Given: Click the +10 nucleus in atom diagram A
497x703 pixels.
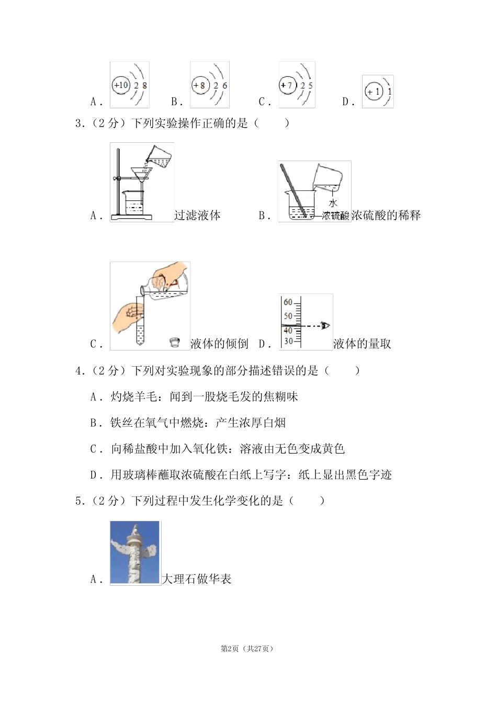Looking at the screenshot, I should pos(121,85).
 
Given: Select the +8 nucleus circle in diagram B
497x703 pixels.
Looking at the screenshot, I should pos(200,85).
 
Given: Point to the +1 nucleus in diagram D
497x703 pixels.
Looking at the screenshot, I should pos(373,92).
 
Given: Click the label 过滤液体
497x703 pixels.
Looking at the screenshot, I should pos(197,215).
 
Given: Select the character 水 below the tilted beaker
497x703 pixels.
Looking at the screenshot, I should pos(333,203).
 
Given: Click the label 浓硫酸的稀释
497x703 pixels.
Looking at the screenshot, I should pos(386,215).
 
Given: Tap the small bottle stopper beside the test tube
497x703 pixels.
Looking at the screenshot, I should pos(175,343).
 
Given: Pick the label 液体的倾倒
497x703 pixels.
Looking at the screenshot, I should pos(219,344).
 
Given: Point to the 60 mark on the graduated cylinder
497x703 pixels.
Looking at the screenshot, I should pos(288,302).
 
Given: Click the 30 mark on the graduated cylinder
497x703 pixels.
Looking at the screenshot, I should pos(288,341).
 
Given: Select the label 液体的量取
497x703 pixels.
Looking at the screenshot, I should pos(362,344).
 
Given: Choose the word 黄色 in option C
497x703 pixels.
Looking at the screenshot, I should pos(333,449).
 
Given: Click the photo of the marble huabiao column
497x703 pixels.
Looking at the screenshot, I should pos(135,552).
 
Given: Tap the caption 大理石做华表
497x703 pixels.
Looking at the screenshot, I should pos(197,579).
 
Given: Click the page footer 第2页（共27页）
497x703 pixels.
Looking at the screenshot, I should pos(247,649).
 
